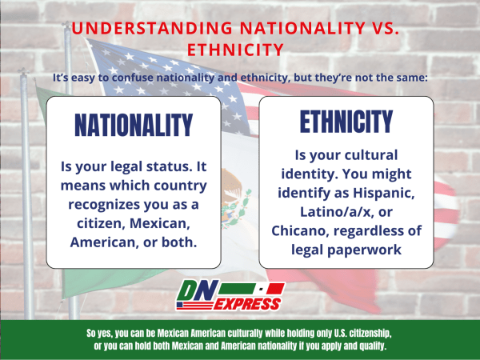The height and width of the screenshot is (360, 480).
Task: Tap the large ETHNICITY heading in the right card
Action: click(346, 121)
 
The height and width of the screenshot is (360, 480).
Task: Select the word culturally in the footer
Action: click(224, 332)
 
